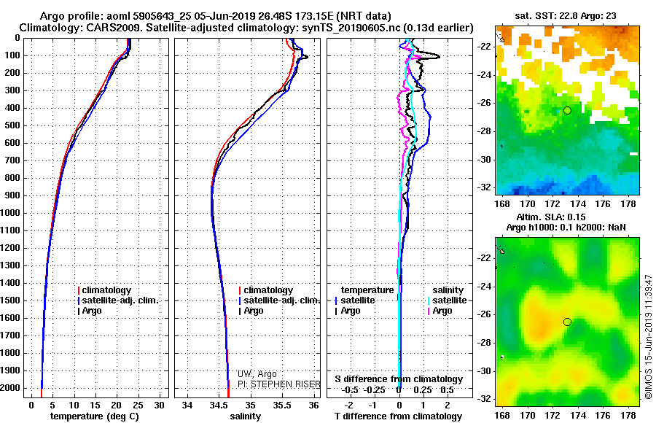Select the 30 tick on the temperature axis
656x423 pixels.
point(160,405)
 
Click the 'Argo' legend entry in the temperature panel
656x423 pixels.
point(92,311)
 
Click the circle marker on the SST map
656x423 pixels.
point(567,110)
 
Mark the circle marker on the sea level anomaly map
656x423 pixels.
point(567,322)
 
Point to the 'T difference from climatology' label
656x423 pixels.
point(398,416)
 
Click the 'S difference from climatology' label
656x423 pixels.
point(399,379)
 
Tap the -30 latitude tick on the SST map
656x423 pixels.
point(483,159)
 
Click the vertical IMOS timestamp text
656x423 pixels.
point(648,335)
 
